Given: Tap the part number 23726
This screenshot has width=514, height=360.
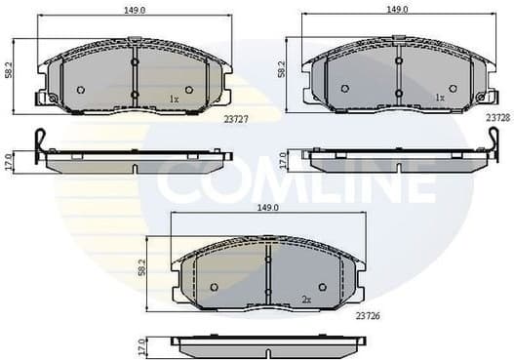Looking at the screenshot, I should coord(367,315).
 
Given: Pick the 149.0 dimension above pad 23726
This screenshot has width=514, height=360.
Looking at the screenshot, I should coord(268,208).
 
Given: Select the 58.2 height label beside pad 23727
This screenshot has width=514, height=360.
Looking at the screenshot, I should coord(8,71).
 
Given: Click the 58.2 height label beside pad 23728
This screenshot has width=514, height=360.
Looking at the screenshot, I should coord(281,70).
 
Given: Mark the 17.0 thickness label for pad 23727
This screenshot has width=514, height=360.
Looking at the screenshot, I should coord(8,161).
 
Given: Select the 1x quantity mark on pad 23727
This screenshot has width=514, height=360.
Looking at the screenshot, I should coord(174,99).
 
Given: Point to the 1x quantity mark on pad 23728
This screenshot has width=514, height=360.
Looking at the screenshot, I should coord(439,99).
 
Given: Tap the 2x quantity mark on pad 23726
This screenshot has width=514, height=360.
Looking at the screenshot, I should coord(305,299).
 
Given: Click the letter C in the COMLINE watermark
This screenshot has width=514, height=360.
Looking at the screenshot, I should coord(180,180).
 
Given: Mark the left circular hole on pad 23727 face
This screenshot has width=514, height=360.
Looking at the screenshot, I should coord(81,90).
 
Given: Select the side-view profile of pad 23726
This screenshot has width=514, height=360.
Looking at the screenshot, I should coord(268,344).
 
